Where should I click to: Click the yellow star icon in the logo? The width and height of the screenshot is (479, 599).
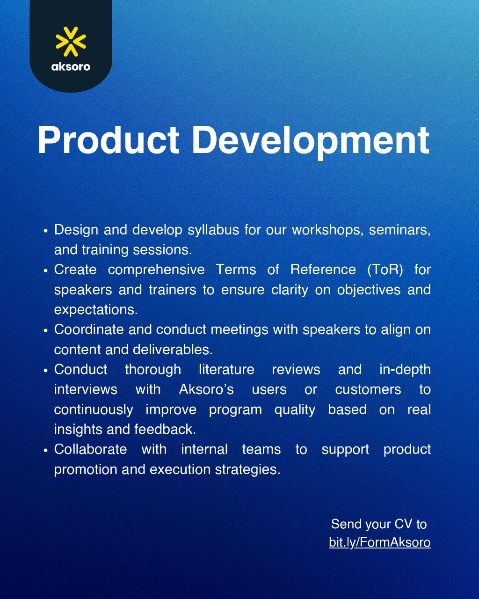click(x=71, y=42)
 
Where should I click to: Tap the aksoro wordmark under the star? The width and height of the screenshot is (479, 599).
click(x=71, y=66)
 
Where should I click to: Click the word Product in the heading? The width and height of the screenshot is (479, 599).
click(x=108, y=140)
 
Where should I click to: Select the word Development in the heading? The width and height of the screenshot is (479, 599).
click(x=311, y=141)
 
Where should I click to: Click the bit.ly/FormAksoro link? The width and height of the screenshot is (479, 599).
click(x=380, y=542)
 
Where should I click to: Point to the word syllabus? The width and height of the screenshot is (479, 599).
click(x=213, y=230)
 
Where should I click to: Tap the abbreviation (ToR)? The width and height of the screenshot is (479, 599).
click(x=385, y=270)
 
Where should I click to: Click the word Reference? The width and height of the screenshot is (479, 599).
click(x=323, y=270)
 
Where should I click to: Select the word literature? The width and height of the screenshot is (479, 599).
click(x=226, y=370)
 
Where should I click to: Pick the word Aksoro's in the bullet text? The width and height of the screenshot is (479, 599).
click(x=206, y=389)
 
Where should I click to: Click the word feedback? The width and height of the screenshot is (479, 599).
click(x=165, y=429)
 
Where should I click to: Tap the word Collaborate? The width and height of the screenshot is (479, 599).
click(x=90, y=449)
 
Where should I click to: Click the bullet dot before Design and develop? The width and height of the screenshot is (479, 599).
click(x=46, y=231)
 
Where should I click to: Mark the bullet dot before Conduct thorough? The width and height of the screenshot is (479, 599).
click(x=46, y=371)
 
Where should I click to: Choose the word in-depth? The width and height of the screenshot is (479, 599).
click(x=405, y=370)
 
